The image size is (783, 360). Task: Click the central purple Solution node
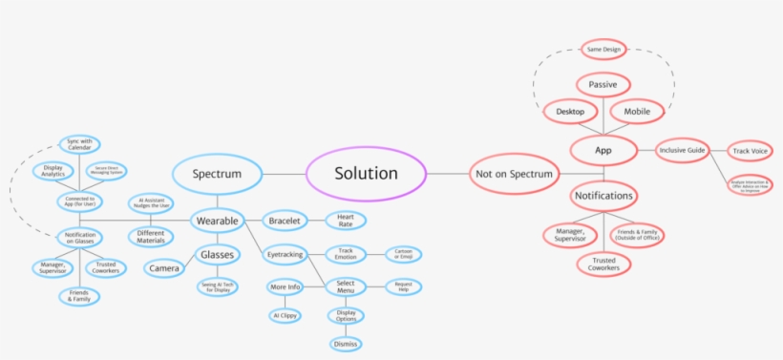366,174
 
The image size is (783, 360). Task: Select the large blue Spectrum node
217,175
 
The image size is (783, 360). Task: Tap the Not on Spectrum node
514,174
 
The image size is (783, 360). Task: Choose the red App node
603,150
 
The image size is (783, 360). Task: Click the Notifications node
603,196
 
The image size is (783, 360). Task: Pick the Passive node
603,85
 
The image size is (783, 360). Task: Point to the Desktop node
570,112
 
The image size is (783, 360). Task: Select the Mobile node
637,112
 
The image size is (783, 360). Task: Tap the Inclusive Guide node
683,150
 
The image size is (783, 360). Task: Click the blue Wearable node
218,221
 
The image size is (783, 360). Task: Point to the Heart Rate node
345,221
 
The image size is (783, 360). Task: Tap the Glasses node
218,254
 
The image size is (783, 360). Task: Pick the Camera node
164,269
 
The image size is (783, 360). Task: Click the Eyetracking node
283,254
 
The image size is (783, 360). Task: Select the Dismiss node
345,344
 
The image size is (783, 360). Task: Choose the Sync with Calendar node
79,144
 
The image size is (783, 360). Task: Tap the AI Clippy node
285,315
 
